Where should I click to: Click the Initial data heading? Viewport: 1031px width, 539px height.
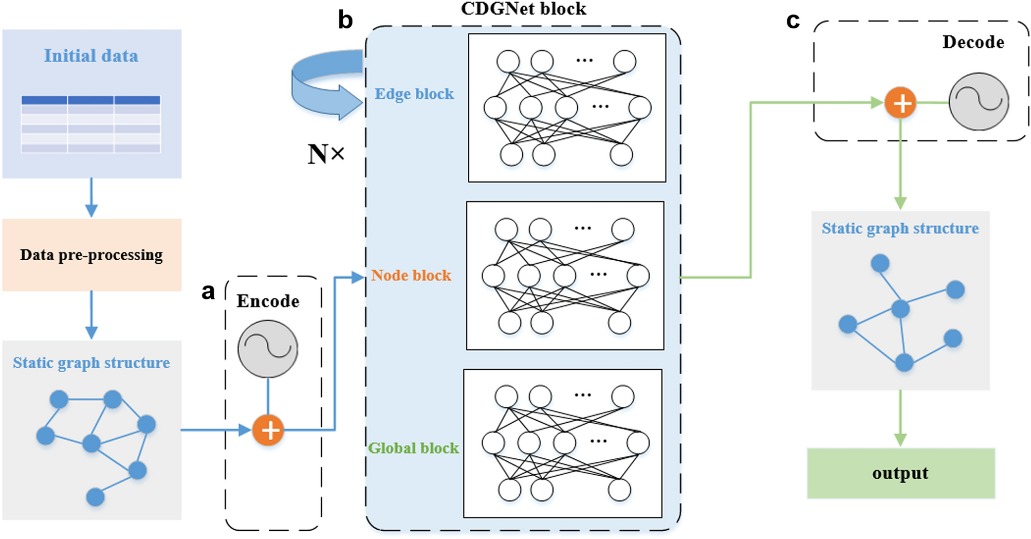[x=91, y=56]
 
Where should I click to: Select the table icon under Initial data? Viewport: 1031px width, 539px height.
[x=91, y=124]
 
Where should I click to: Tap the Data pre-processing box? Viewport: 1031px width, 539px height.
[x=91, y=255]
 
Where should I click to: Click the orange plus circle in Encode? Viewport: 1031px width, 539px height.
[x=268, y=430]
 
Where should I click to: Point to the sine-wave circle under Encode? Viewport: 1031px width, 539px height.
[x=268, y=349]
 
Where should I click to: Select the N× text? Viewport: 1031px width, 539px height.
[x=326, y=154]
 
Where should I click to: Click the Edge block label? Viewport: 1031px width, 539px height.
[x=414, y=94]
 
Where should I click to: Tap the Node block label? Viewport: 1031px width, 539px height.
[x=411, y=276]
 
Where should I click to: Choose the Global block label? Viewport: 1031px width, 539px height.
[x=413, y=448]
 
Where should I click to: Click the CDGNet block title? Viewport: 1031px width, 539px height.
[x=523, y=9]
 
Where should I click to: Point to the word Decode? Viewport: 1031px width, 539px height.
[x=972, y=42]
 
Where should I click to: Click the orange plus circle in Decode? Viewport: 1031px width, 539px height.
[x=900, y=103]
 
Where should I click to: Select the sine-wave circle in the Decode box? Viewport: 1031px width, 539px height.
[x=978, y=101]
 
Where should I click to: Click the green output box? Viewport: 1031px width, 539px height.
[x=900, y=473]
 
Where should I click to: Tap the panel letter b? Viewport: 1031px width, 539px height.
[x=345, y=20]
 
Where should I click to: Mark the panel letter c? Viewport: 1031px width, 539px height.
[x=793, y=21]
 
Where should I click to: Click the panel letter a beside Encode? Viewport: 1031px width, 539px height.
[x=208, y=292]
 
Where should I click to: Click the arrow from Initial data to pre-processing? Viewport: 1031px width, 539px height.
[x=91, y=198]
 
